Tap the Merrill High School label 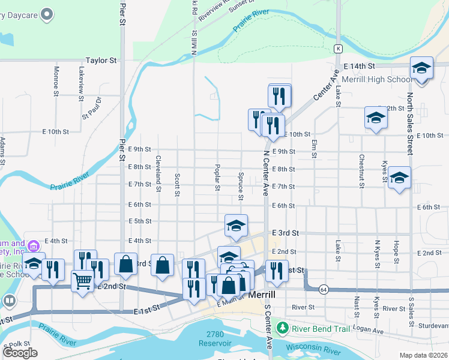377,79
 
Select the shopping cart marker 82,280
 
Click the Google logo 20,353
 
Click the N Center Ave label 265,173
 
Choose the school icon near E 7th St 399,178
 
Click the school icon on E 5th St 237,226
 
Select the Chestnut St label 361,171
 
